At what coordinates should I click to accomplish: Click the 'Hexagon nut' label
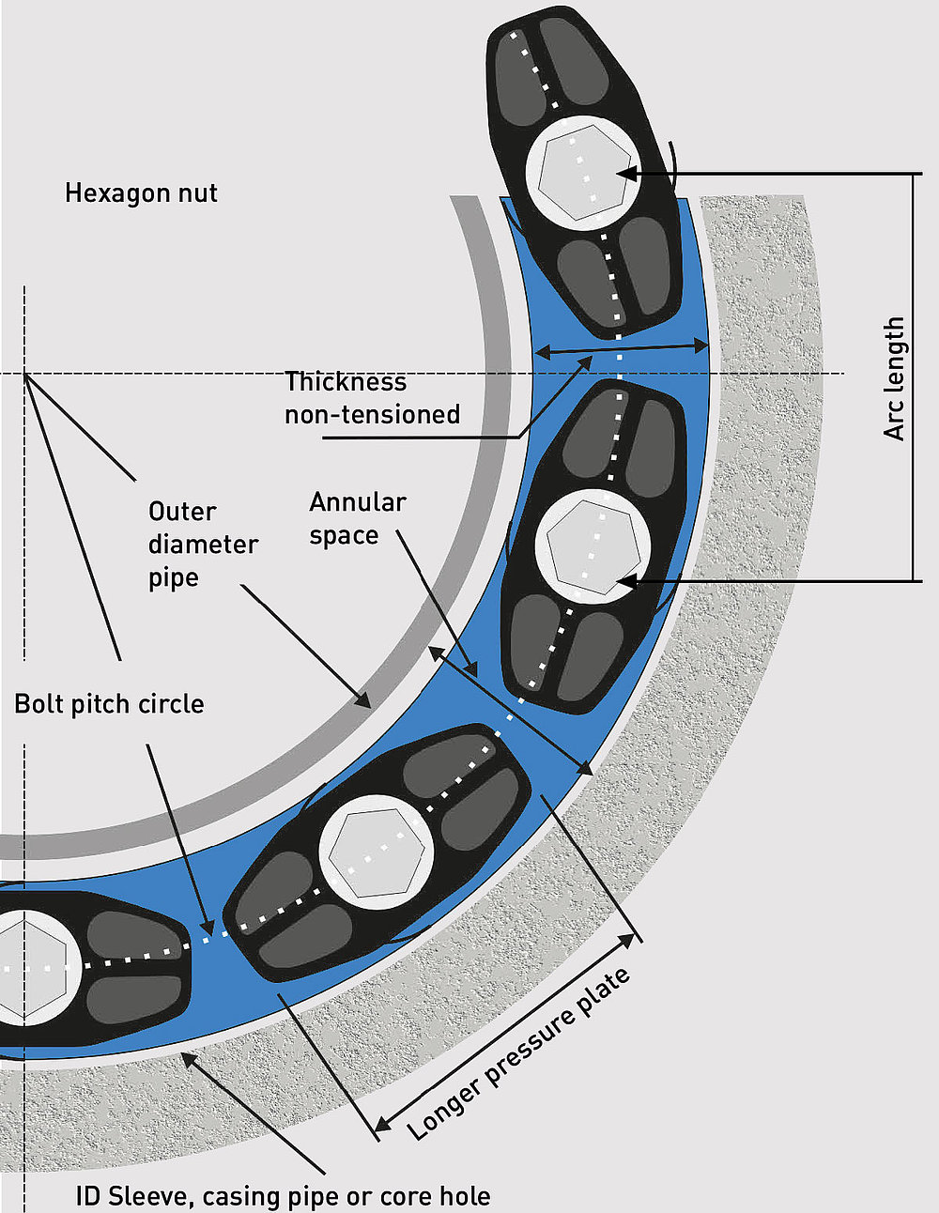pos(141,193)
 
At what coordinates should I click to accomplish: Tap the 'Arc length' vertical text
pos(894,378)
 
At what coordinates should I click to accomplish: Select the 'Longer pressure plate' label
pos(518,1055)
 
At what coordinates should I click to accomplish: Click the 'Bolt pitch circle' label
pos(109,704)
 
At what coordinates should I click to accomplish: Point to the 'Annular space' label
pos(357,518)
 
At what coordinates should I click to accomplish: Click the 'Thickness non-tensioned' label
pos(372,398)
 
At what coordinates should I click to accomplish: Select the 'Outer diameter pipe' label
pos(203,545)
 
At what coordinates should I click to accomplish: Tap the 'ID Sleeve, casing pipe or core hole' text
pos(283,1196)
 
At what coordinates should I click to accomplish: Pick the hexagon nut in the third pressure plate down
pos(376,852)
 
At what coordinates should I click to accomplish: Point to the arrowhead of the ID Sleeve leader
pos(188,1059)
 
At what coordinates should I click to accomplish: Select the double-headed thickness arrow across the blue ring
pos(622,348)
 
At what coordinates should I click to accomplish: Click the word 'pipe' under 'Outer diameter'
pos(174,578)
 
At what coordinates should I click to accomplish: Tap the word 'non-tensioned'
pos(372,415)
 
